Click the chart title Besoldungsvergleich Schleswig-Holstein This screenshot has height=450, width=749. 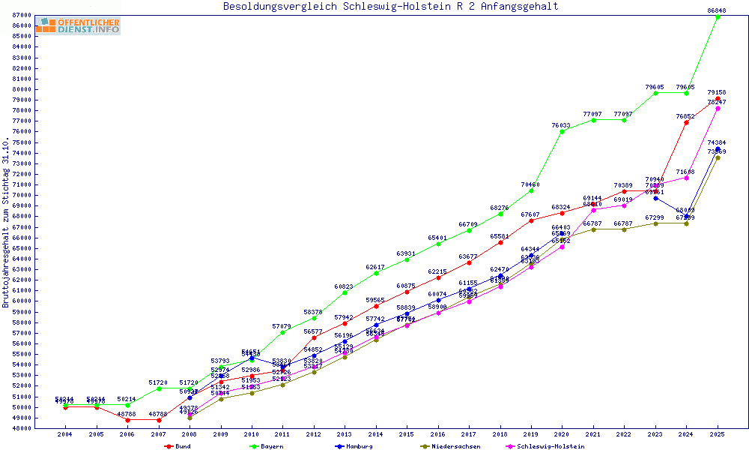coord(390,7)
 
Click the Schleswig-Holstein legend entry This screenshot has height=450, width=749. coord(551,446)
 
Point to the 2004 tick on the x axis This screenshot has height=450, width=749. coord(65,434)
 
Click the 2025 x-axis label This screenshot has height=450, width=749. coord(718,434)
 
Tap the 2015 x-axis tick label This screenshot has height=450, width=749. coord(407,434)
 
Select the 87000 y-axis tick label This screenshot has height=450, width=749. coord(22,16)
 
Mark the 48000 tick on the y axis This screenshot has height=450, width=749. coord(22,428)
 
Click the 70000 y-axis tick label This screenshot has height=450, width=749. coord(22,196)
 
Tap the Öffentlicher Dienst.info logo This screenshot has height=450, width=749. coord(78,26)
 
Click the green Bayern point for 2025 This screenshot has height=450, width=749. coord(718,16)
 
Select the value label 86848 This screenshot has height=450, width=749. coord(717,10)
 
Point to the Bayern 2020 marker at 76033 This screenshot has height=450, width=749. coord(562,131)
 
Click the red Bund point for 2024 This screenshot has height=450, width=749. coord(686,122)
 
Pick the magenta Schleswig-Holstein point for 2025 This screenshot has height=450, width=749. coord(718,108)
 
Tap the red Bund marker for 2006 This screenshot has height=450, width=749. coord(127,420)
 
